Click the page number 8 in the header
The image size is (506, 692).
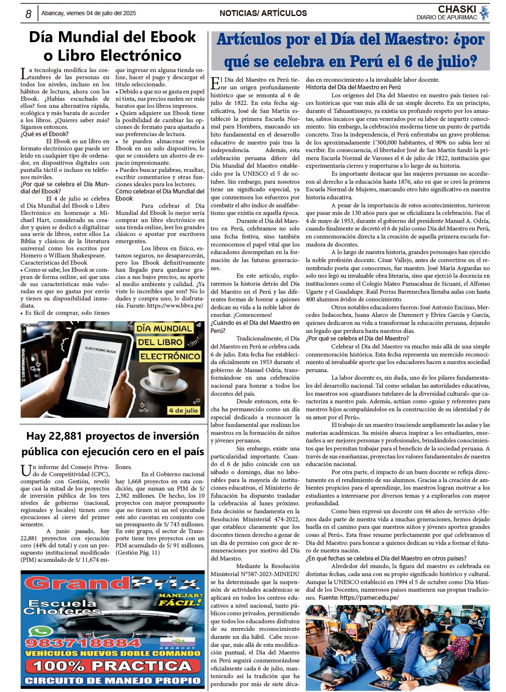[28, 14]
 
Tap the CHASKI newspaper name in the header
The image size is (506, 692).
[457, 9]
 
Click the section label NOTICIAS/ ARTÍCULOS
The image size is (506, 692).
[263, 13]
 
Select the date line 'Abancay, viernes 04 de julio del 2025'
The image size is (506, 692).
[89, 13]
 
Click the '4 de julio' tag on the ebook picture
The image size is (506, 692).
[183, 410]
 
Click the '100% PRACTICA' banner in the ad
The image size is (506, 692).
[112, 666]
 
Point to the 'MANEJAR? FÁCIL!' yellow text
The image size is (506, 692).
[180, 599]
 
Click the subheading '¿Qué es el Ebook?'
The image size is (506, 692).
[44, 134]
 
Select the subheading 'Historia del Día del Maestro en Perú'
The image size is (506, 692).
[353, 87]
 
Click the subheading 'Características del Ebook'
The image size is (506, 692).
[54, 263]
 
